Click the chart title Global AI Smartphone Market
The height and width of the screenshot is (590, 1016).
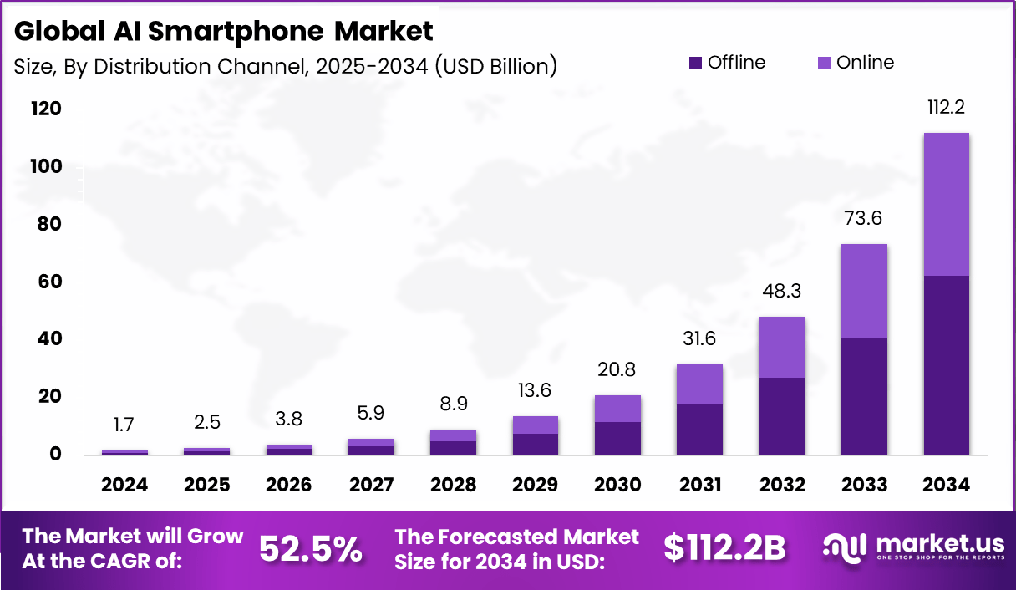224,32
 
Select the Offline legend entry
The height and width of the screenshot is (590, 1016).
726,63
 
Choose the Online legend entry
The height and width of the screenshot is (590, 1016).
855,63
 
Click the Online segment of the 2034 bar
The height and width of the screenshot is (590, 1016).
946,204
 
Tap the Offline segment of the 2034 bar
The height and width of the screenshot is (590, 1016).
946,365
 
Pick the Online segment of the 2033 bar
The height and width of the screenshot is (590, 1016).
864,291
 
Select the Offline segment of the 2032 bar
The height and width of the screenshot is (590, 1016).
782,416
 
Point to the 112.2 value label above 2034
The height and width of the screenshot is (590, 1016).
947,108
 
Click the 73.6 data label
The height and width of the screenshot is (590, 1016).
864,219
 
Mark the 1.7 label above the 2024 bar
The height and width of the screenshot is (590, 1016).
124,425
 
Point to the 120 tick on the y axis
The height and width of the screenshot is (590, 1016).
46,109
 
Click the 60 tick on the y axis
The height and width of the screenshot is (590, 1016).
50,282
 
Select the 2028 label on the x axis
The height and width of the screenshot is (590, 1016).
454,486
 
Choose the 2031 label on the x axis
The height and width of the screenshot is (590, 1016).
700,486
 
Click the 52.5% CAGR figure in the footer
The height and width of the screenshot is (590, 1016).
311,549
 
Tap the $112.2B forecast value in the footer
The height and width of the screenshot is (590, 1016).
724,549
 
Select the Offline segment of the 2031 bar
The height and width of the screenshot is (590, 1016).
700,430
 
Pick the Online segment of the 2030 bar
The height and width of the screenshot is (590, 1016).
617,409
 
